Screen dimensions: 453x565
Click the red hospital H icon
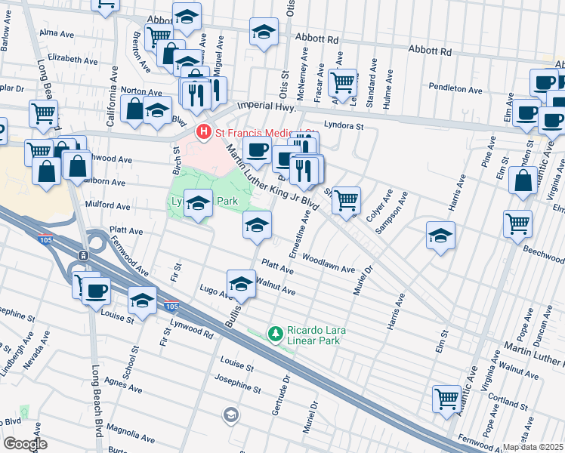pyautogui.click(x=203, y=132)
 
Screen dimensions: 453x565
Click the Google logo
pyautogui.click(x=24, y=443)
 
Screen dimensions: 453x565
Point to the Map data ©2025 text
pyautogui.click(x=533, y=447)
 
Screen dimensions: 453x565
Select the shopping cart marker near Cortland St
pyautogui.click(x=446, y=397)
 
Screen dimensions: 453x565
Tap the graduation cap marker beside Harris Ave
pyautogui.click(x=440, y=235)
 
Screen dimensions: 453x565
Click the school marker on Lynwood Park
pyautogui.click(x=198, y=202)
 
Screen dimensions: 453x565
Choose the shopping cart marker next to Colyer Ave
pyautogui.click(x=346, y=200)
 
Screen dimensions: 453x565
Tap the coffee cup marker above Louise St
pyautogui.click(x=96, y=290)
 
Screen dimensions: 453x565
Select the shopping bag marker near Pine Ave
pyautogui.click(x=523, y=181)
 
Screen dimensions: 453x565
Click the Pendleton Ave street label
pyautogui.click(x=455, y=89)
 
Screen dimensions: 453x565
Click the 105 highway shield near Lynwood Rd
pyautogui.click(x=171, y=306)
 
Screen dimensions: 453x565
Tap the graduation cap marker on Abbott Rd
pyautogui.click(x=264, y=32)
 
